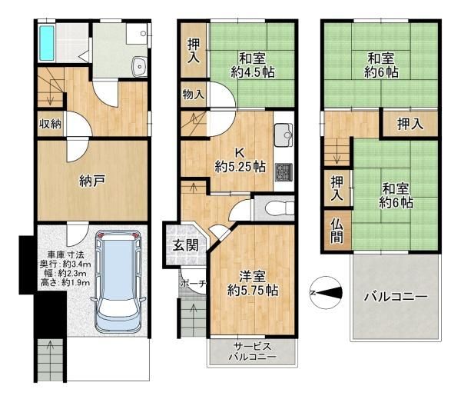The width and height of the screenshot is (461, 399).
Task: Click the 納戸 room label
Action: (91, 181)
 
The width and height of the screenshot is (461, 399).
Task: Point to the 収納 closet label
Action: (51, 123)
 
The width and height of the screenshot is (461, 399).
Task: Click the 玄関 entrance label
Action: (184, 246)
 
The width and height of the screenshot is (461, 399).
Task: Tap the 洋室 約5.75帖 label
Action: (252, 284)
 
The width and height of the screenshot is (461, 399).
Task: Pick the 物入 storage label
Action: (193, 95)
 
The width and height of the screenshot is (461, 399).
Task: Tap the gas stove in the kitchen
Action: (284, 172)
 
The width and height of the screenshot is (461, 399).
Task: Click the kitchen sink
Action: (284, 135)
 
